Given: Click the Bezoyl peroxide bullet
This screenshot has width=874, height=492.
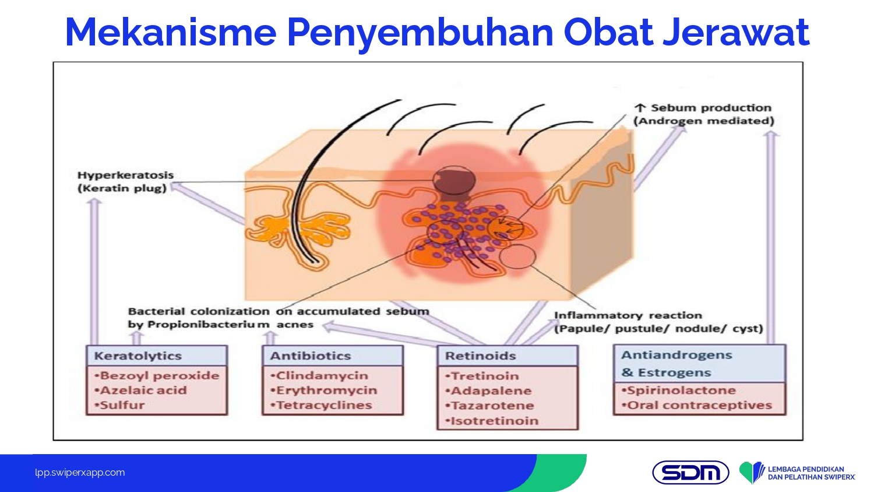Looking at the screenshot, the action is click(x=157, y=375).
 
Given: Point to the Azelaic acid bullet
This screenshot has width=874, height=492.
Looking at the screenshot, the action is click(x=140, y=390).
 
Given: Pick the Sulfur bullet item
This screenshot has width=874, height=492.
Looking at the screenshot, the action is click(x=119, y=405).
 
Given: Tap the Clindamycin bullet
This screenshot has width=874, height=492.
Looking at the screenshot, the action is click(x=319, y=375).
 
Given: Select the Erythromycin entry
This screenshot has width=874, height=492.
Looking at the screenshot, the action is click(x=324, y=390).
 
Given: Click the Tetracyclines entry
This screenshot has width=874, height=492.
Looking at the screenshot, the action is click(x=321, y=405).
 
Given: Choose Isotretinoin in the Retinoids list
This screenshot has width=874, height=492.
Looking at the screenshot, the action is click(x=492, y=420).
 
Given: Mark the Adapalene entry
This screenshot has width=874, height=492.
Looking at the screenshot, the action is click(x=488, y=391).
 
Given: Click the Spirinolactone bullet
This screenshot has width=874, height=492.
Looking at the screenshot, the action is click(x=679, y=390).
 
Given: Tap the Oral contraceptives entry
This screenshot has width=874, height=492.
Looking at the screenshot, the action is click(x=696, y=405).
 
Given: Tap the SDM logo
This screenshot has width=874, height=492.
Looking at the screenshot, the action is click(x=690, y=473).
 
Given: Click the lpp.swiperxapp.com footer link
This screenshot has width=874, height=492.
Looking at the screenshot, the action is click(x=80, y=473).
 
